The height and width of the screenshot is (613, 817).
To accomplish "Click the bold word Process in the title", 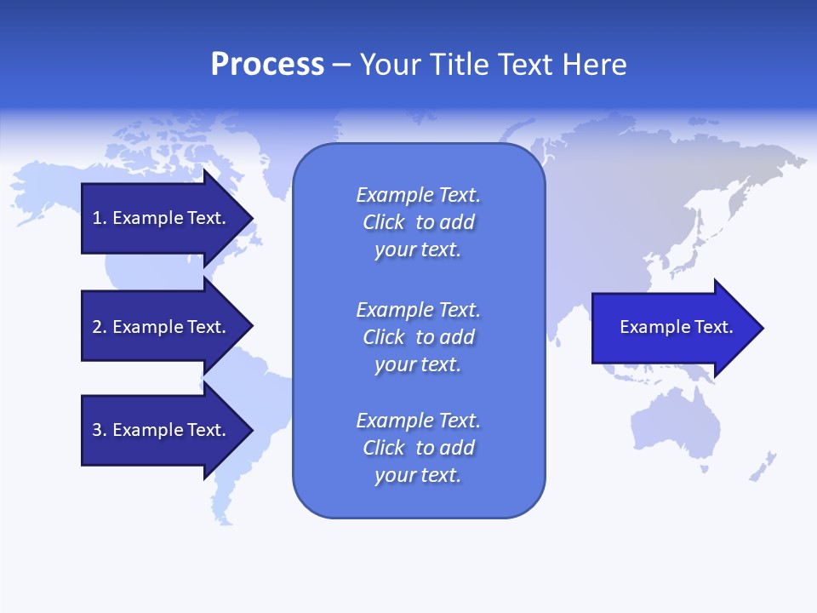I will click(267, 65).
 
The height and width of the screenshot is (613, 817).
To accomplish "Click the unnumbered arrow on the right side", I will click(672, 328).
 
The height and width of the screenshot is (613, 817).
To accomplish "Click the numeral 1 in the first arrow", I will click(96, 218).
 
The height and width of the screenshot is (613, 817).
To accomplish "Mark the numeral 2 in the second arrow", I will click(97, 327).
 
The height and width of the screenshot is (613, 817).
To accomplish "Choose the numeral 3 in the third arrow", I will click(97, 430).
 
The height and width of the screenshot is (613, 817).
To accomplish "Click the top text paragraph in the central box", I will click(418, 222).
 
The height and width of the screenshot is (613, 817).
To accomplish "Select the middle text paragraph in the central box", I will click(418, 337).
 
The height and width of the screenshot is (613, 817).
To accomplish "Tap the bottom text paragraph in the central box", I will click(418, 448).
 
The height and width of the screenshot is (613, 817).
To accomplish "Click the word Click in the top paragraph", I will click(383, 222).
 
